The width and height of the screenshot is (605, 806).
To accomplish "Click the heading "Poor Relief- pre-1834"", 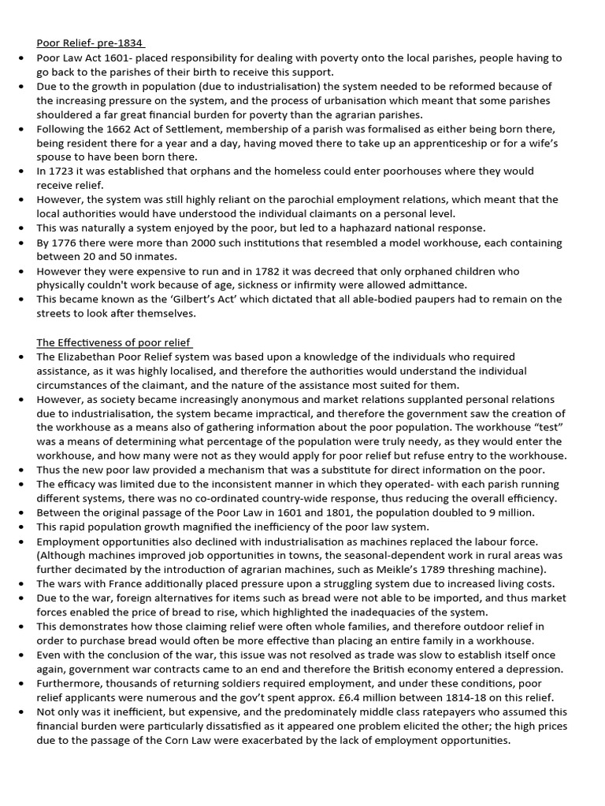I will [91, 43].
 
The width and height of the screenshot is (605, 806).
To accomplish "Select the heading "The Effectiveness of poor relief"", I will [114, 342].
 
